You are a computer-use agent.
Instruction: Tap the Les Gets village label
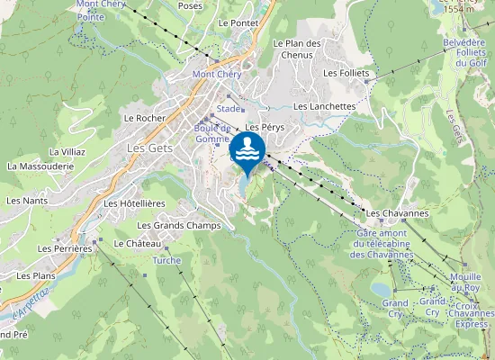point(149,148)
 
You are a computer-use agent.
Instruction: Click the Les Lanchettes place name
point(325,106)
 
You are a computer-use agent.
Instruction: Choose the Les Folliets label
point(346,73)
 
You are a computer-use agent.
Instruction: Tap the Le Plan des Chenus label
point(298,49)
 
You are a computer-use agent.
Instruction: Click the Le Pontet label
point(238,22)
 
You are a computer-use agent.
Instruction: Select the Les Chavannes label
point(396,212)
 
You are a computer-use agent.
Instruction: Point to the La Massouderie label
point(40,166)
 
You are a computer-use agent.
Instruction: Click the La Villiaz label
point(67,152)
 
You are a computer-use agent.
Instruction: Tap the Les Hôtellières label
point(135,203)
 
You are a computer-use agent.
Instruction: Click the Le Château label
point(139,244)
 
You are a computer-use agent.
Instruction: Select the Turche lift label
point(166,261)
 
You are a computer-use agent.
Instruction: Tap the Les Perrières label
point(66,247)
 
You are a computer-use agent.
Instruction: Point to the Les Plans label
point(38,276)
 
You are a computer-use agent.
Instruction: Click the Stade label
point(228,108)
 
